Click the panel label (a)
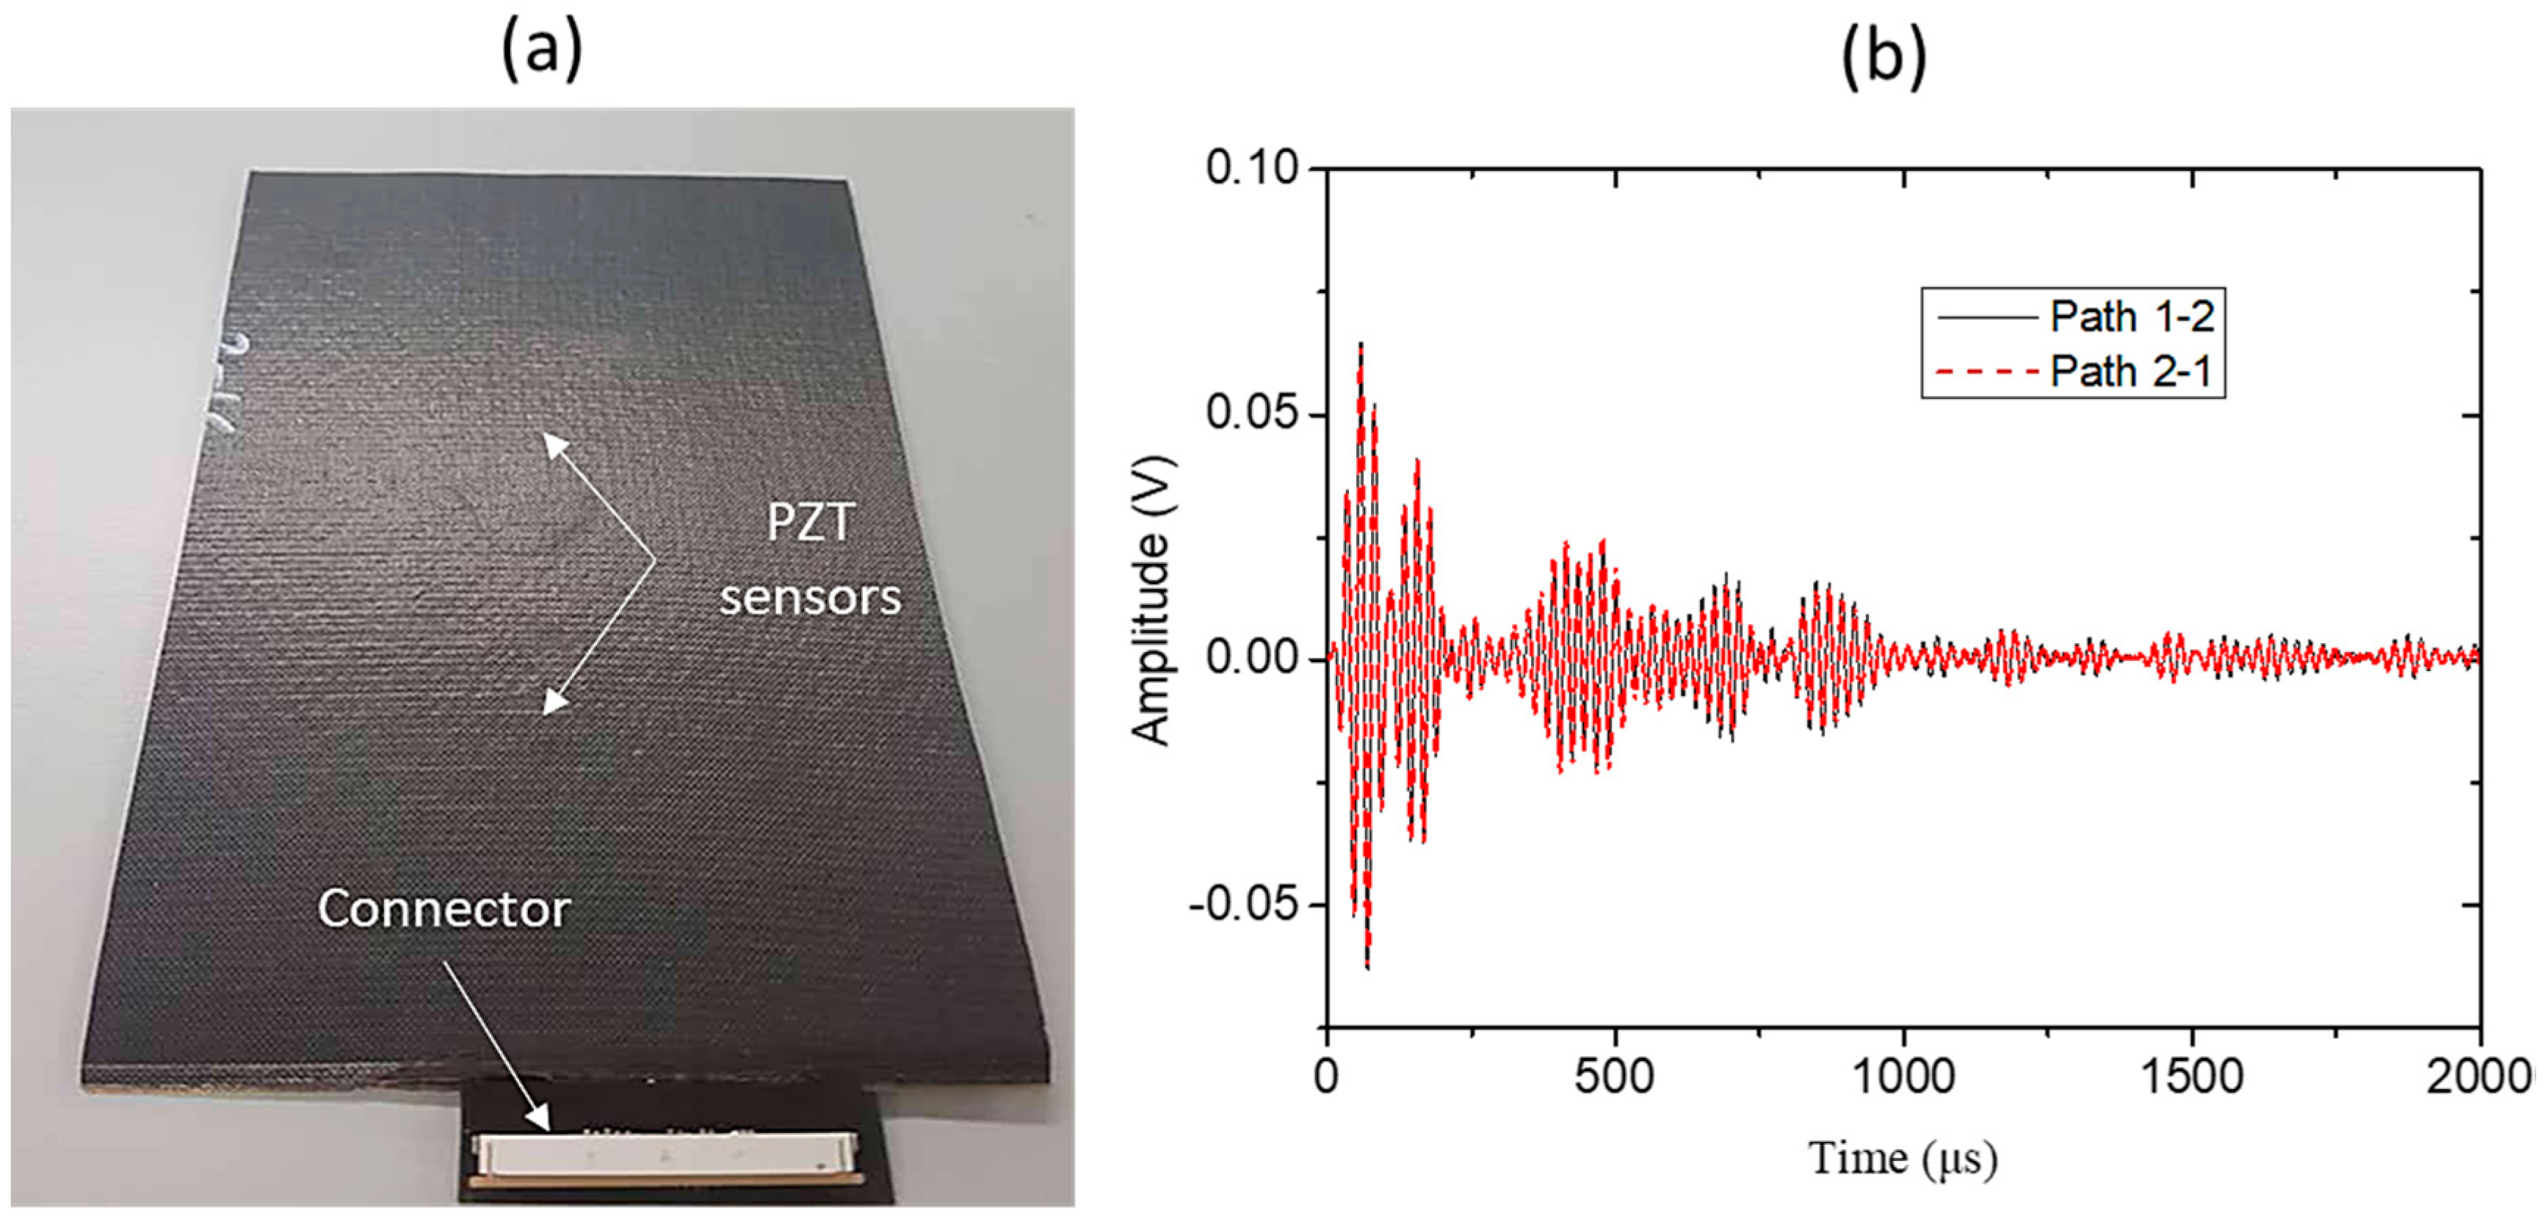[x=541, y=51]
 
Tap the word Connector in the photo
[x=443, y=908]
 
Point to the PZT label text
[x=810, y=522]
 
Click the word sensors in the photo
[x=810, y=597]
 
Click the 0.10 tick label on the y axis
[x=1251, y=169]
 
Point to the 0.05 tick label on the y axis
[x=1251, y=414]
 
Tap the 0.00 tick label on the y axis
[x=1251, y=659]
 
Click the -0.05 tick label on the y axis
[x=1245, y=904]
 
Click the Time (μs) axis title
[x=1902, y=1158]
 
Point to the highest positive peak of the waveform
[x=1361, y=345]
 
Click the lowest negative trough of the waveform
[x=1367, y=966]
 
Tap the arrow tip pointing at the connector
[x=548, y=1126]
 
